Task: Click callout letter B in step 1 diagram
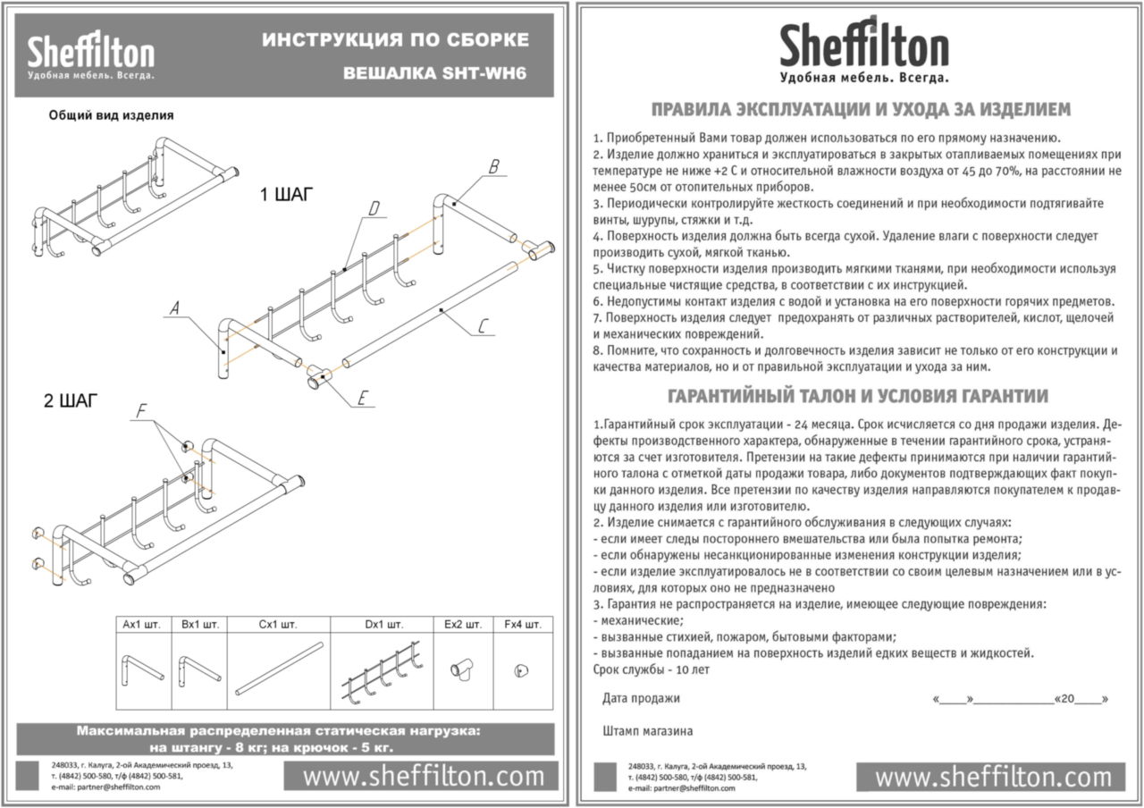pyautogui.click(x=492, y=167)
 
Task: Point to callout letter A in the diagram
pyautogui.click(x=176, y=308)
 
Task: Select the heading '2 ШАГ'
pyautogui.click(x=71, y=400)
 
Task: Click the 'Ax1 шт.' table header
pyautogui.click(x=141, y=625)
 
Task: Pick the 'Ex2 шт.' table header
pyautogui.click(x=463, y=625)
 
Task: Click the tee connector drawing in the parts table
pyautogui.click(x=463, y=669)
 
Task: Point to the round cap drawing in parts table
pyautogui.click(x=517, y=670)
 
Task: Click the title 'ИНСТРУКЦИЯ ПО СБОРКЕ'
pyautogui.click(x=394, y=40)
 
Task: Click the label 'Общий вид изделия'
pyautogui.click(x=110, y=115)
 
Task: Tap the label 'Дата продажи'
pyautogui.click(x=641, y=698)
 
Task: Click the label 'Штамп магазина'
pyautogui.click(x=648, y=731)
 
